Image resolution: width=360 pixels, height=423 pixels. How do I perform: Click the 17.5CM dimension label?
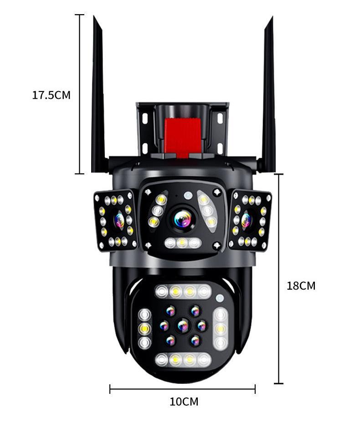click(51, 95)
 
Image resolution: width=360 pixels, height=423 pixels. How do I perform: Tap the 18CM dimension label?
click(301, 286)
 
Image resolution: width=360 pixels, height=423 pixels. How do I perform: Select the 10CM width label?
click(184, 402)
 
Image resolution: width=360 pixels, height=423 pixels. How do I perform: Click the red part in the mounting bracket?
click(183, 136)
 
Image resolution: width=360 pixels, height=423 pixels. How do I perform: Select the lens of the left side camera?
click(119, 220)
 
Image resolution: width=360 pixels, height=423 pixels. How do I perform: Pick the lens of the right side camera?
click(246, 220)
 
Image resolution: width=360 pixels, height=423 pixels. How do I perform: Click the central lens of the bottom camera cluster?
click(183, 325)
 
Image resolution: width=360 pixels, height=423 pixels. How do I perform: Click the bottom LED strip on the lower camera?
click(183, 360)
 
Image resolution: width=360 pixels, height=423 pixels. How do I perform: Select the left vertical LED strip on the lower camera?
click(145, 329)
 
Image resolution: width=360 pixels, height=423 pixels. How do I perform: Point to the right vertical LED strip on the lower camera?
click(221, 328)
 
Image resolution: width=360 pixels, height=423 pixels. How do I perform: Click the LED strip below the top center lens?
click(182, 243)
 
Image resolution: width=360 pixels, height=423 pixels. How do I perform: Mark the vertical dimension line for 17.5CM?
click(79, 94)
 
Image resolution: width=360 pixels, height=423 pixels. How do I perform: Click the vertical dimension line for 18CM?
click(278, 279)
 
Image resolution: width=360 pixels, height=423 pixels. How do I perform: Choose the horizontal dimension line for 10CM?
click(182, 389)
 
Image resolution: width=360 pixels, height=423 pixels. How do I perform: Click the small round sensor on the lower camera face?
click(220, 299)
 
